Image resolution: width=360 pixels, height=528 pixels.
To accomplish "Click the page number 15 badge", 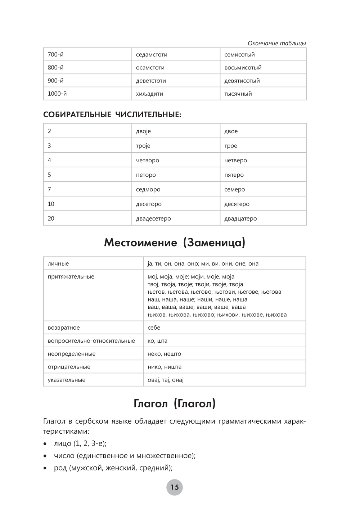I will [175, 487].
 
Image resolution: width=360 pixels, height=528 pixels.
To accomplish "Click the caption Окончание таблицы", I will [276, 43].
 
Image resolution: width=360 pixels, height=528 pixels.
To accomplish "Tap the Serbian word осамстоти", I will [150, 68].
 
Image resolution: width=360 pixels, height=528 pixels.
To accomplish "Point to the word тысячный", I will [238, 94].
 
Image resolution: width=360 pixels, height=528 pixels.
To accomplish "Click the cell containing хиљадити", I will [149, 94].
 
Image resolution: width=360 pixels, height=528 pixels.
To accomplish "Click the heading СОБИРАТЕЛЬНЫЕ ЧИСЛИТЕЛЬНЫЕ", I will [112, 115].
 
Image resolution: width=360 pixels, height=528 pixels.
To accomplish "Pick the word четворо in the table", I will [147, 161].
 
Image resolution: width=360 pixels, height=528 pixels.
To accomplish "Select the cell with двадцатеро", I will [240, 218].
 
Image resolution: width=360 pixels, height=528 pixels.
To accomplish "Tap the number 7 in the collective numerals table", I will [50, 189].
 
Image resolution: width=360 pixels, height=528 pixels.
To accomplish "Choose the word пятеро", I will [234, 175].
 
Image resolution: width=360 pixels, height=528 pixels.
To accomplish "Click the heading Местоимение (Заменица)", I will [175, 243].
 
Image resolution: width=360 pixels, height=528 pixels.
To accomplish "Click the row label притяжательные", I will [71, 277].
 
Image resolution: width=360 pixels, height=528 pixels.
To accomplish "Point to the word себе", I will [154, 328].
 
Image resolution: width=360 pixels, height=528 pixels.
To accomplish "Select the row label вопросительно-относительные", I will [91, 341].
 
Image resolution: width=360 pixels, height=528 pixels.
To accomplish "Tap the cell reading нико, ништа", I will [165, 367].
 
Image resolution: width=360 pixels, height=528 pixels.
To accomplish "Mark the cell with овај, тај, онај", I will [166, 380].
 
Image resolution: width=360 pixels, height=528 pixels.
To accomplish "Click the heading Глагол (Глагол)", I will [175, 403].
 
